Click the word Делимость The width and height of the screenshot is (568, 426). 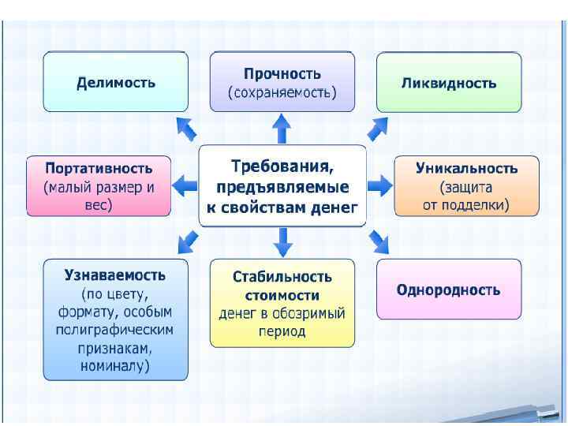pos(116,82)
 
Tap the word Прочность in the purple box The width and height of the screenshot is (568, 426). pos(282,73)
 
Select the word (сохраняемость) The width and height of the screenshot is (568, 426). pos(282,93)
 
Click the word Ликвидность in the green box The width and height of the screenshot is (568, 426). pos(449,82)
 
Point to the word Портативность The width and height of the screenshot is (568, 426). pos(99,168)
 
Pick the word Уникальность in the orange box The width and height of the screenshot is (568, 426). pos(467,168)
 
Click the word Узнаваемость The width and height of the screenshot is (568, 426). pos(115,275)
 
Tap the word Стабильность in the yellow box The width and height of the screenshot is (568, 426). pos(282,277)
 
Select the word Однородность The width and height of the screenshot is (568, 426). pos(449,290)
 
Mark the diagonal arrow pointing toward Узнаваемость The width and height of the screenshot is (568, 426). pos(187,238)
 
